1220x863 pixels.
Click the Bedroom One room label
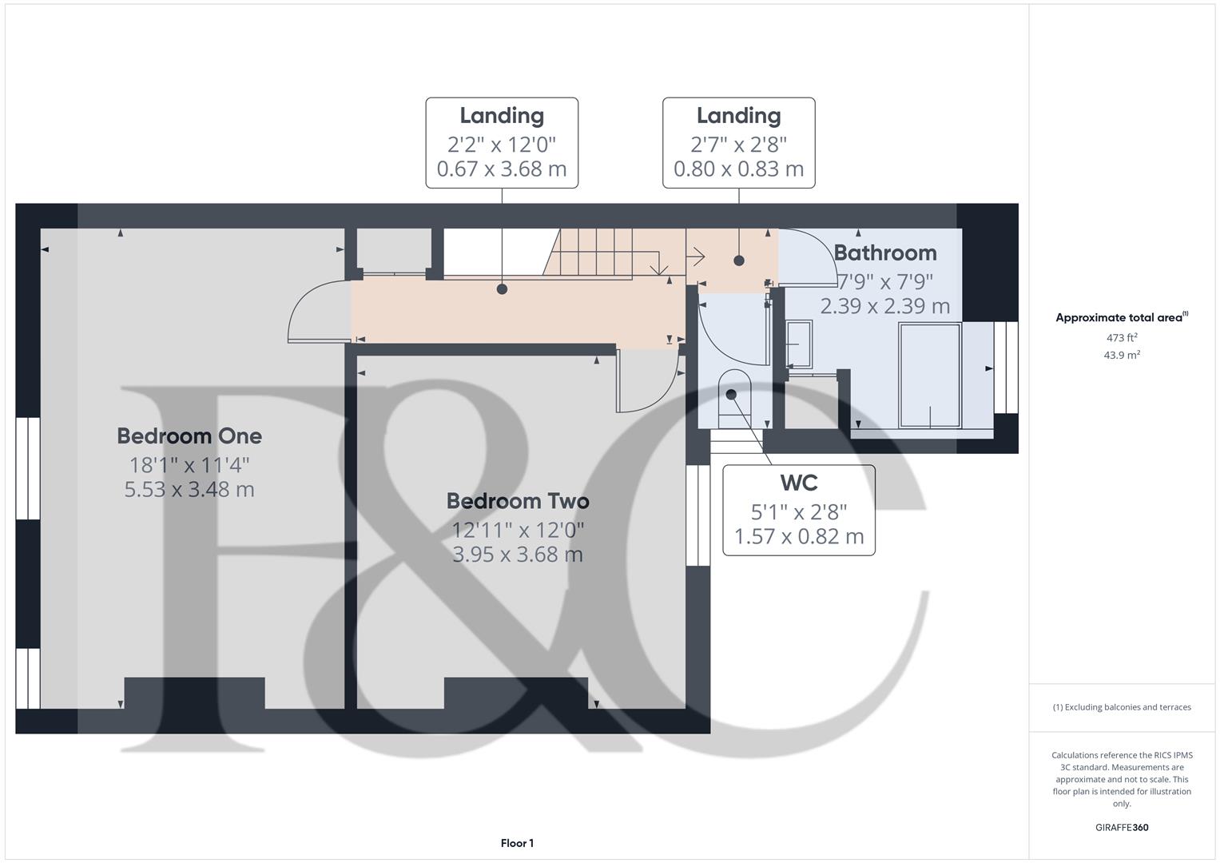click(x=189, y=435)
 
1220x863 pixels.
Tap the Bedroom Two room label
click(x=518, y=501)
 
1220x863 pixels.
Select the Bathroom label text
click(x=885, y=253)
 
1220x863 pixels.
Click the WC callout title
click(x=798, y=483)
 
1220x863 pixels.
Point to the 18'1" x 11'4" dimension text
click(x=189, y=464)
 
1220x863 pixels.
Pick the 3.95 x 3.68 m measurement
click(x=518, y=555)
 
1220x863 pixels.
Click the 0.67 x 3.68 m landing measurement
click(x=502, y=169)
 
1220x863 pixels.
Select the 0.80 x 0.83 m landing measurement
click(x=738, y=169)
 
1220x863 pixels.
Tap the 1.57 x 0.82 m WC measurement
click(x=798, y=536)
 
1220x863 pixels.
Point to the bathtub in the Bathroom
click(x=929, y=375)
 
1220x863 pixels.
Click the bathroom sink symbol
click(x=798, y=344)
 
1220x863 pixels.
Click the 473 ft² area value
click(x=1121, y=338)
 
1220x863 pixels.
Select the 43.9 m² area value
click(x=1121, y=356)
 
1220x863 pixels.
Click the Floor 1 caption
click(x=517, y=843)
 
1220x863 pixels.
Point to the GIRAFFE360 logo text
click(x=1121, y=827)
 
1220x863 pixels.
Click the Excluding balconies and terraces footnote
click(x=1122, y=707)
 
